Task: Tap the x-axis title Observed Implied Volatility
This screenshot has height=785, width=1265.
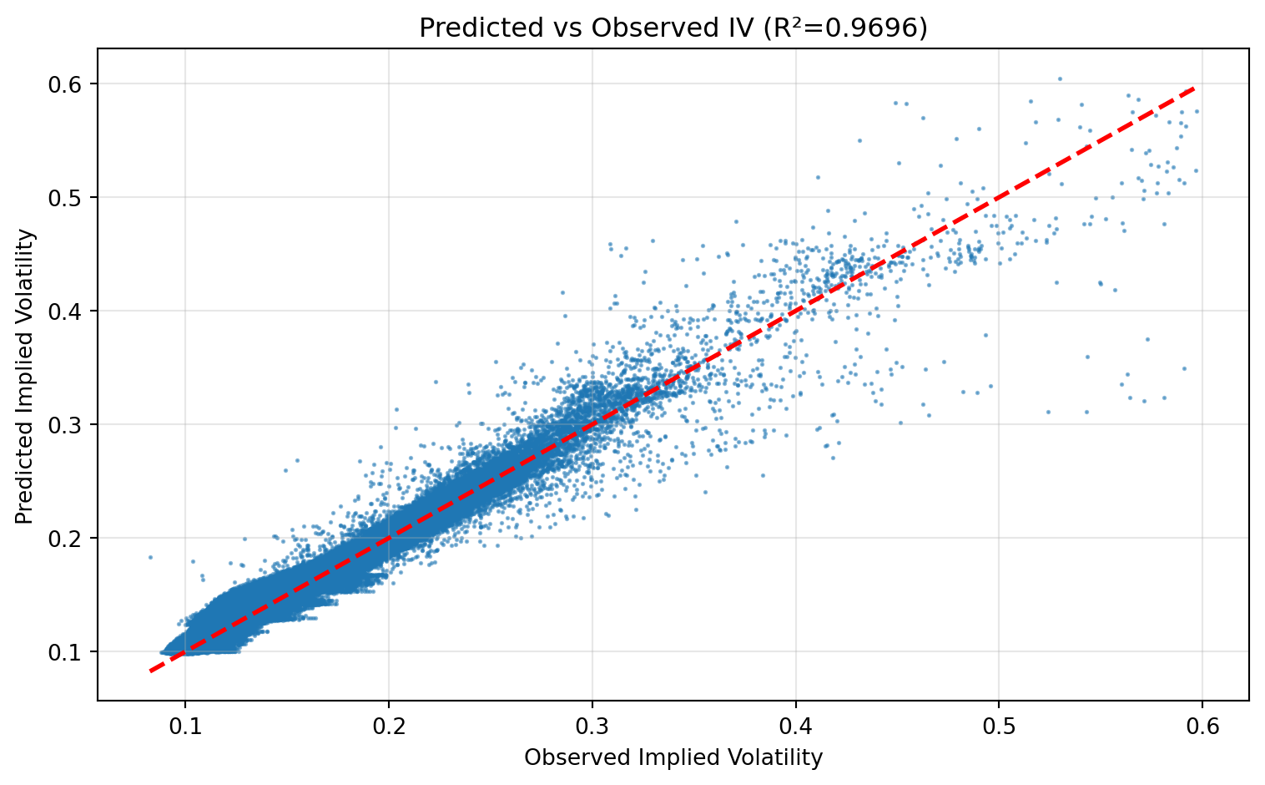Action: tap(673, 757)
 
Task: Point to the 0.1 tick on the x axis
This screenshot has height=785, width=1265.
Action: tap(185, 723)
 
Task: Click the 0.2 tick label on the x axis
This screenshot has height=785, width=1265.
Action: tap(389, 723)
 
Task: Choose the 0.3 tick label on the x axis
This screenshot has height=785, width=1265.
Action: tap(592, 723)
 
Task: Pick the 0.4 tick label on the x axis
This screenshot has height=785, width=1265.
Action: tap(796, 723)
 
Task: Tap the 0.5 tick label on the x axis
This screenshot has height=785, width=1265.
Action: tap(999, 723)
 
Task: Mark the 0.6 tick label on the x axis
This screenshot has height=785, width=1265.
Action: tap(1202, 723)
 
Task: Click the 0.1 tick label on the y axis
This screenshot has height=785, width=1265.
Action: tap(75, 651)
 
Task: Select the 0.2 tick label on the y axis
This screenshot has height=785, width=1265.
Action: tap(75, 538)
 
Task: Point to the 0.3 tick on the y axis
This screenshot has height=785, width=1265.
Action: tap(75, 424)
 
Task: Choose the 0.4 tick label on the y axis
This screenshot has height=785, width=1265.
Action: tap(75, 311)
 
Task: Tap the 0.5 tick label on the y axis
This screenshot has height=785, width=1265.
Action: tap(75, 197)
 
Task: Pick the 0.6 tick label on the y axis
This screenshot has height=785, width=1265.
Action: tap(75, 84)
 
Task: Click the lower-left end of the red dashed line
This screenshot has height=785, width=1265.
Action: tap(150, 671)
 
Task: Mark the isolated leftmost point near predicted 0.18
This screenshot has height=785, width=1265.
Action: tap(150, 557)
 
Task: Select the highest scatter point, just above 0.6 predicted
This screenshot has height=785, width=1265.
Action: tap(1060, 78)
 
